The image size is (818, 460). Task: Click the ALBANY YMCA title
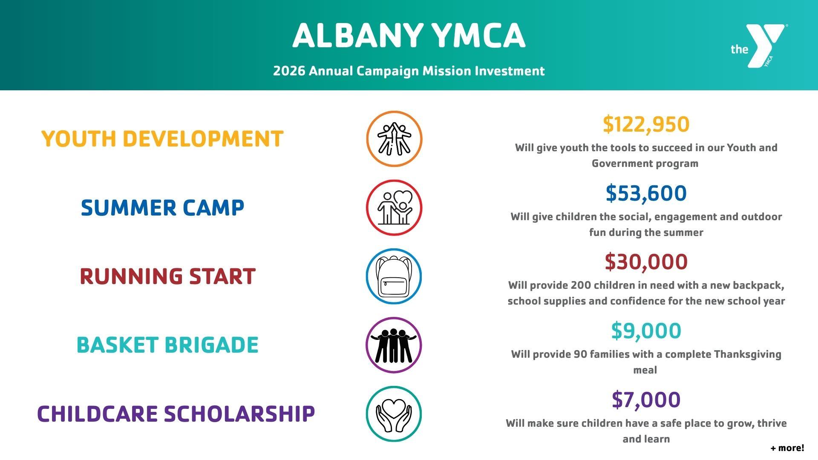[x=409, y=35]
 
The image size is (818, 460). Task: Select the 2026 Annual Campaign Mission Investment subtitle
[x=409, y=71]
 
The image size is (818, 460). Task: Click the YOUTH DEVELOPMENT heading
[x=162, y=139]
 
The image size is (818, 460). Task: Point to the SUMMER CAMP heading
[x=162, y=208]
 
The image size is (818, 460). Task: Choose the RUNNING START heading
[x=167, y=276]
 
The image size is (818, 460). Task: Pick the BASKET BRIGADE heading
[x=167, y=345]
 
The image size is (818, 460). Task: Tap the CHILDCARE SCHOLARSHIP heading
[x=176, y=414]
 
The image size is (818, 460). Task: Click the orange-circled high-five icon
[x=394, y=139]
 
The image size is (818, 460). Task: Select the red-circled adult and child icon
[x=394, y=208]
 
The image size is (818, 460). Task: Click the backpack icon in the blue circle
[x=394, y=276]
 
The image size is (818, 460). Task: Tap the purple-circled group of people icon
[x=394, y=345]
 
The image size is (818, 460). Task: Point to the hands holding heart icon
[x=394, y=414]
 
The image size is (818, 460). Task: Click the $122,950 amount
[x=646, y=124]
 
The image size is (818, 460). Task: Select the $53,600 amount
[x=646, y=193]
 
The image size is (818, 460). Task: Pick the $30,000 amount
[x=646, y=262]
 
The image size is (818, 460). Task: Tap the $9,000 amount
[x=646, y=331]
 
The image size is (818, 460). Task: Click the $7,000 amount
[x=646, y=400]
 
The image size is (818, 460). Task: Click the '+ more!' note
[x=787, y=448]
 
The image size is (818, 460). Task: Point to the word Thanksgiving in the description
[x=747, y=354]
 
